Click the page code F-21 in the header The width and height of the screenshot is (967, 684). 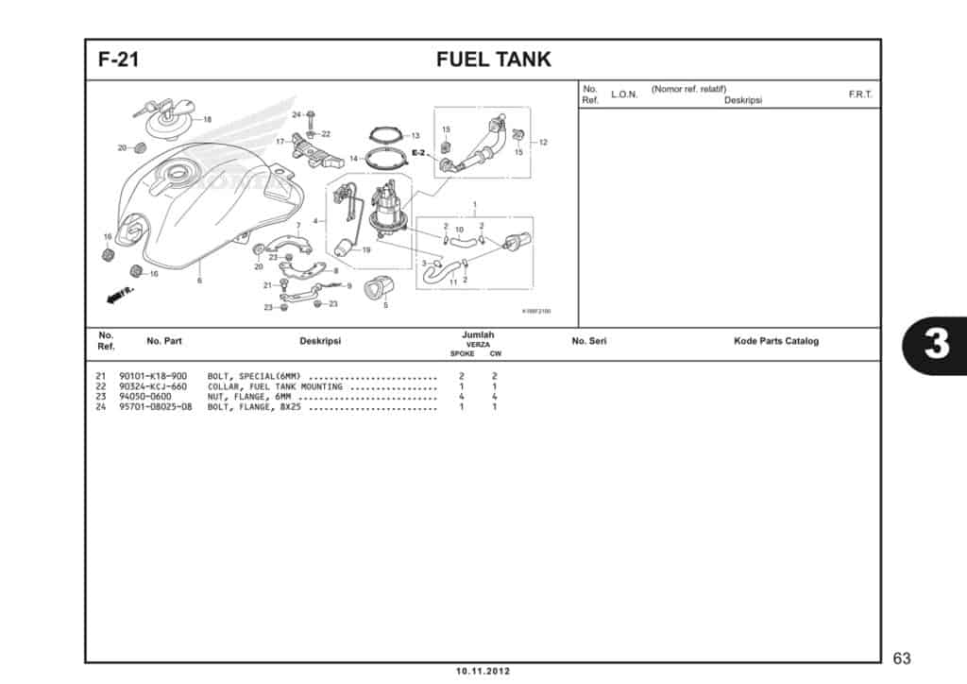(x=119, y=60)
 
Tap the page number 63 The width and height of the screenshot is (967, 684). (x=901, y=658)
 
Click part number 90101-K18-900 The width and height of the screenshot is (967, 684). (x=153, y=376)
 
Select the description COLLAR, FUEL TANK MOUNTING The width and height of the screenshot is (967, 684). (x=274, y=386)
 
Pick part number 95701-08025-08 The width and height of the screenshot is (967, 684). (x=156, y=407)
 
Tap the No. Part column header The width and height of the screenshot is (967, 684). (x=164, y=341)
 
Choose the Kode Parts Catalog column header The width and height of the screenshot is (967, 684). (x=775, y=341)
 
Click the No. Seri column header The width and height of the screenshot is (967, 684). (x=588, y=341)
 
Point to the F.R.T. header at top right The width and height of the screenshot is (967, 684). (x=860, y=94)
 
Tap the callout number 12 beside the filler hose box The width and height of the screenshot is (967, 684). (x=543, y=142)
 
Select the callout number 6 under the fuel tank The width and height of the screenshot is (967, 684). (x=199, y=281)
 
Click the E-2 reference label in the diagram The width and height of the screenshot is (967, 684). (x=419, y=152)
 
